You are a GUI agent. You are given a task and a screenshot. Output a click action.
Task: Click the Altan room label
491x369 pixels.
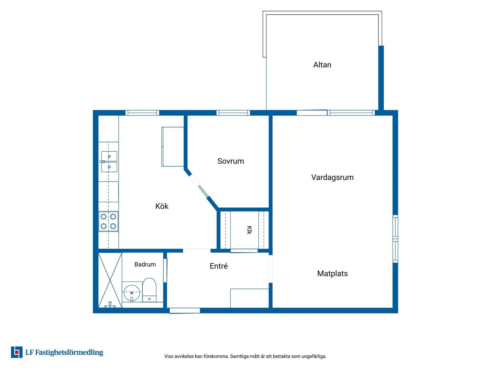click(x=322, y=65)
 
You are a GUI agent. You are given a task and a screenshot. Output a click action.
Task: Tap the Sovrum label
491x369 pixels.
click(x=231, y=161)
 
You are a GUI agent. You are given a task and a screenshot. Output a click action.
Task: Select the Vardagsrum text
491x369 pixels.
click(x=332, y=177)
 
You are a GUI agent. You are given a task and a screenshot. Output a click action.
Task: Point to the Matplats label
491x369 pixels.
click(x=332, y=274)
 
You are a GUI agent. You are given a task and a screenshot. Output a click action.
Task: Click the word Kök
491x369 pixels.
click(x=162, y=206)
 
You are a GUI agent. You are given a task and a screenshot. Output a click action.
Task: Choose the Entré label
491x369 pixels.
click(x=219, y=266)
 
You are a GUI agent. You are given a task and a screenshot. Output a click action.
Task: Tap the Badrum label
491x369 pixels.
click(x=145, y=264)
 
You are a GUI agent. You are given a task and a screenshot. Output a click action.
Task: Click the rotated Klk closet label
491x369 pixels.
click(x=249, y=230)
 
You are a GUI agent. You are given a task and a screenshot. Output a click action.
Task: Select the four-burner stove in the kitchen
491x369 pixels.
click(x=108, y=221)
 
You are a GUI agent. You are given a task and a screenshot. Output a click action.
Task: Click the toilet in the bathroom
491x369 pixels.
click(x=149, y=290)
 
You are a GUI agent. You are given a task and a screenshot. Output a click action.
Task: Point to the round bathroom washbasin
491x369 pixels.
click(x=132, y=293)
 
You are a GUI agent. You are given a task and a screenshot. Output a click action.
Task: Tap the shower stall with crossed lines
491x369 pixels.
click(x=110, y=280)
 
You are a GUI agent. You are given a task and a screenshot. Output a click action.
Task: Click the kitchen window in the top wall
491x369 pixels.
click(x=142, y=113)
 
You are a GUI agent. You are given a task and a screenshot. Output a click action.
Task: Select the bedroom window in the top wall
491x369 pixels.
click(x=233, y=113)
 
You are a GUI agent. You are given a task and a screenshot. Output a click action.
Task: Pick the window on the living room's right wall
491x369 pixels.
click(x=395, y=239)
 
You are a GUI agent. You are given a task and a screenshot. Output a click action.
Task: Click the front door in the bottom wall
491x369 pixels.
click(x=185, y=311)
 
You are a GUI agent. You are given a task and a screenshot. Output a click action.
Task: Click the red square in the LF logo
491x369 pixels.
click(x=17, y=352)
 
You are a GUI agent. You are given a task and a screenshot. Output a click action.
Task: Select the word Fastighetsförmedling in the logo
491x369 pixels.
click(x=69, y=353)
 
